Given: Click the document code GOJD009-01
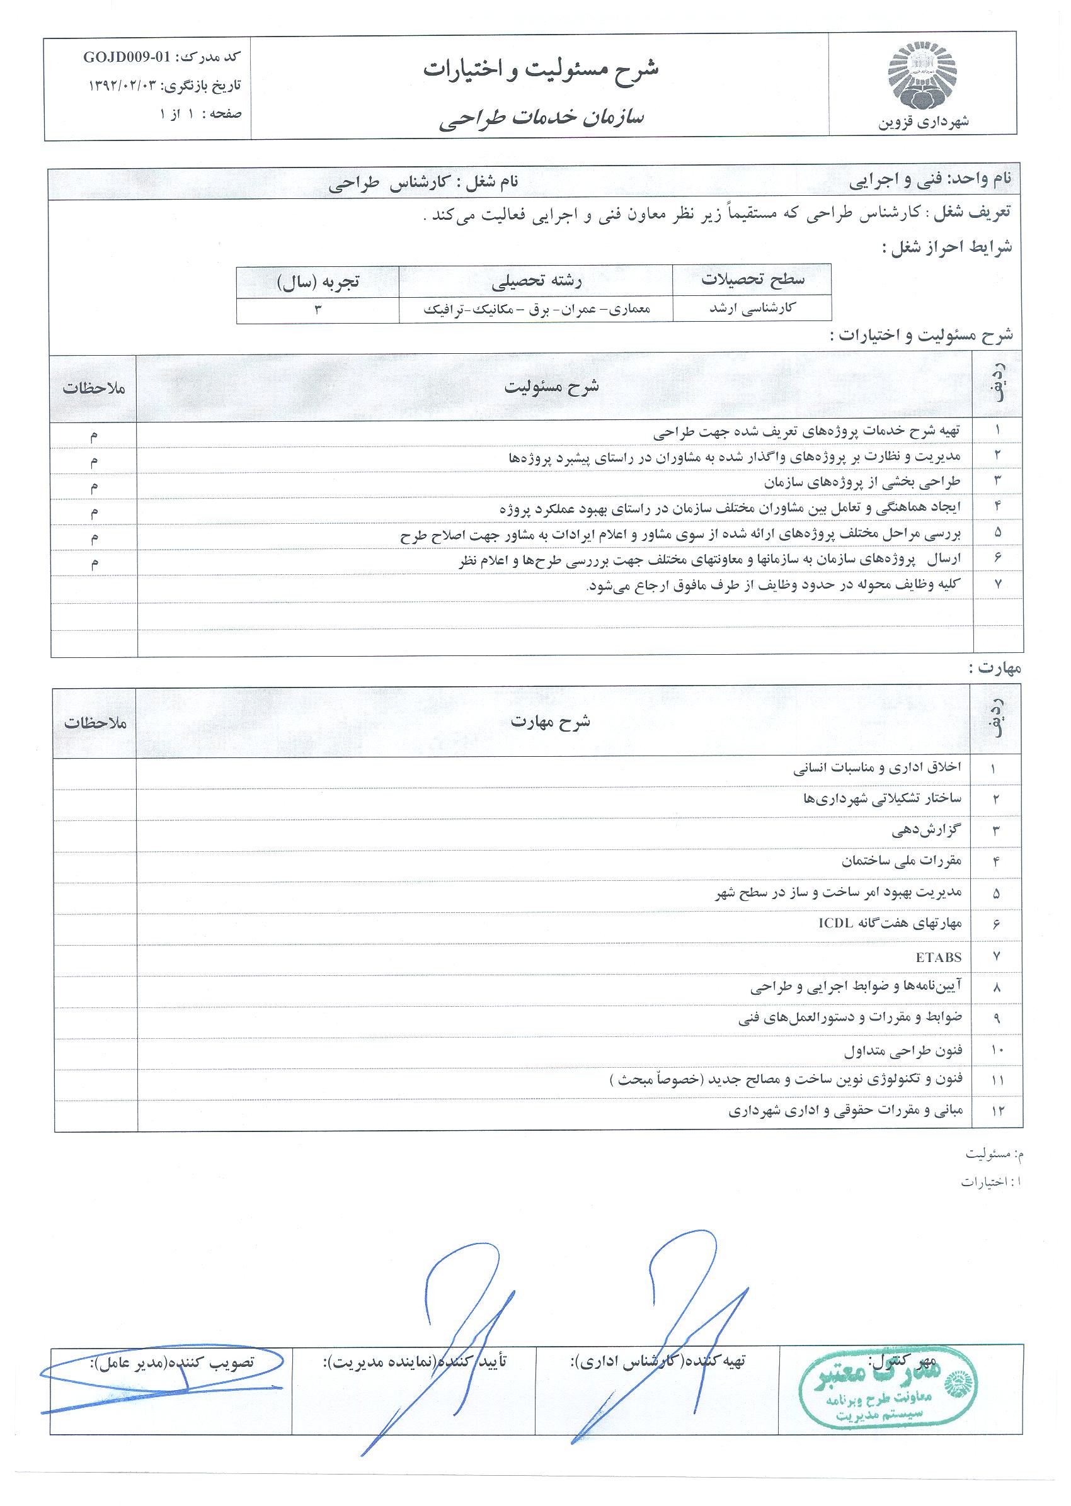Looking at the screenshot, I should tap(126, 57).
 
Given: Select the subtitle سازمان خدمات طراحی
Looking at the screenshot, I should tap(541, 118).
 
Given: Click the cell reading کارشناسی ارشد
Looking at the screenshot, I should tap(751, 309).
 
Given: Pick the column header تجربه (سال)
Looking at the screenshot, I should tap(318, 282).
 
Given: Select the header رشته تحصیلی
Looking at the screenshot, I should tap(537, 282).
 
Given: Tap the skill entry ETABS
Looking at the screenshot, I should tap(939, 957).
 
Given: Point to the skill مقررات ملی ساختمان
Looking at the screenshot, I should tap(902, 861).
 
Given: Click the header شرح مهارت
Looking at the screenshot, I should tap(551, 722).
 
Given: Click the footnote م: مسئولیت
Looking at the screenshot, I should tap(992, 1154).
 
